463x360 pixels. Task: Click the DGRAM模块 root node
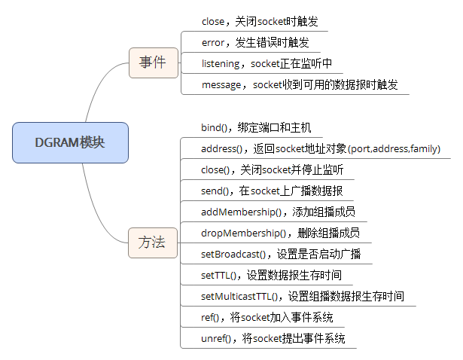pyautogui.click(x=70, y=142)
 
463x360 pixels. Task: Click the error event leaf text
pyautogui.click(x=255, y=42)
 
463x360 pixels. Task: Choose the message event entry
pyautogui.click(x=300, y=84)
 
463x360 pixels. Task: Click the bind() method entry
pyautogui.click(x=256, y=127)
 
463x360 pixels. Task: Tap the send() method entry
pyautogui.click(x=272, y=191)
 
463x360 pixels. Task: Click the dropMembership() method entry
pyautogui.click(x=280, y=233)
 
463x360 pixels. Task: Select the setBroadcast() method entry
pyautogui.click(x=281, y=254)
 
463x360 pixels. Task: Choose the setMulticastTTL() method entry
pyautogui.click(x=303, y=296)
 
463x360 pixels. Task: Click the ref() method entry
pyautogui.click(x=267, y=317)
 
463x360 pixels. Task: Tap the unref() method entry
pyautogui.click(x=273, y=338)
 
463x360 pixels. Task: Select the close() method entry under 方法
pyautogui.click(x=272, y=169)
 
